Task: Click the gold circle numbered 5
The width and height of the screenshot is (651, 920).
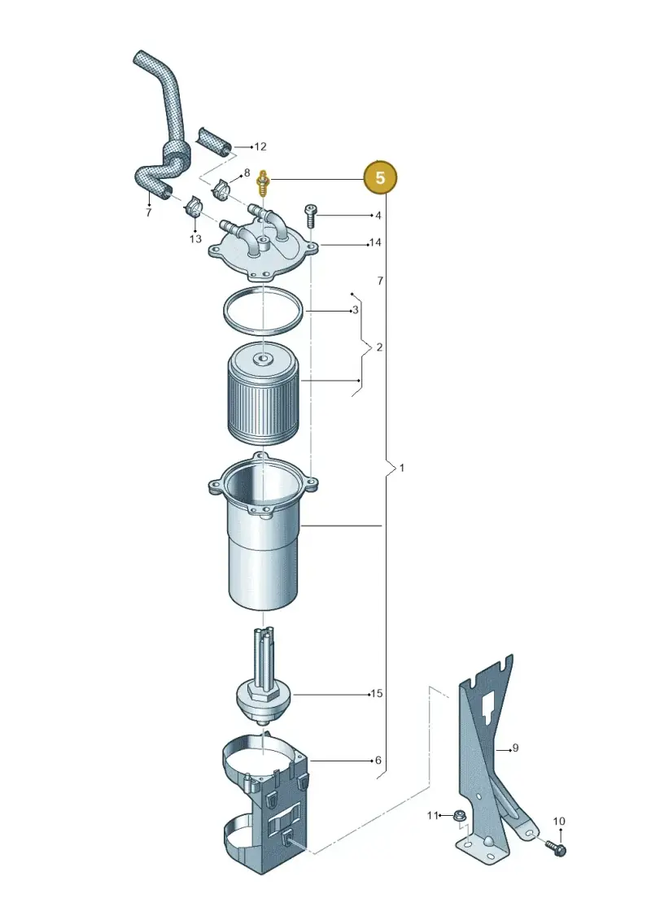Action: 380,177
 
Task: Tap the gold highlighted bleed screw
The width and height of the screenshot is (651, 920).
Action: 264,184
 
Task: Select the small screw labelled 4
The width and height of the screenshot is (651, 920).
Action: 310,217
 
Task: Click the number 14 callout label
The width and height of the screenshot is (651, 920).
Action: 375,242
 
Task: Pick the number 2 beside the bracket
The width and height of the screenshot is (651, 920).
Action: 379,347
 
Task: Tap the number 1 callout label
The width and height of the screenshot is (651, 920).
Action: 401,468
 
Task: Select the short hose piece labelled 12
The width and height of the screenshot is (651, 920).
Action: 214,141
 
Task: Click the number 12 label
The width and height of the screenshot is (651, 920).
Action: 260,146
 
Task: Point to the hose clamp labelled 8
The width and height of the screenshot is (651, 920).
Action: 222,189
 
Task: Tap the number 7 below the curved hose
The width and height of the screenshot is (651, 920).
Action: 149,212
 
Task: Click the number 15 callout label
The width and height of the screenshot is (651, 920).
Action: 376,694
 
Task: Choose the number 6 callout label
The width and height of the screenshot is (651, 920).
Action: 378,761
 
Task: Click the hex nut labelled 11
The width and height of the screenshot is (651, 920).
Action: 461,815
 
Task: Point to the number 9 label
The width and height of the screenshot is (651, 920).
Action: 515,748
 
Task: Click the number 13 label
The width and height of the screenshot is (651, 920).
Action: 195,239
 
